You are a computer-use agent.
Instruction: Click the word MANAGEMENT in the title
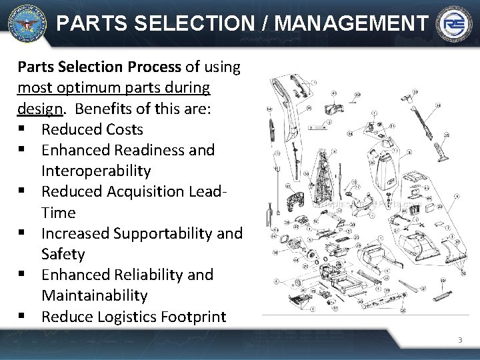point(350,24)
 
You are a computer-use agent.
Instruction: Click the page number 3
point(459,341)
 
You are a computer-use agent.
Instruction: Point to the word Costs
point(121,129)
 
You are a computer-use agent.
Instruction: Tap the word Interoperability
point(96,171)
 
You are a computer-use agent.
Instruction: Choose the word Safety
point(63,254)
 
